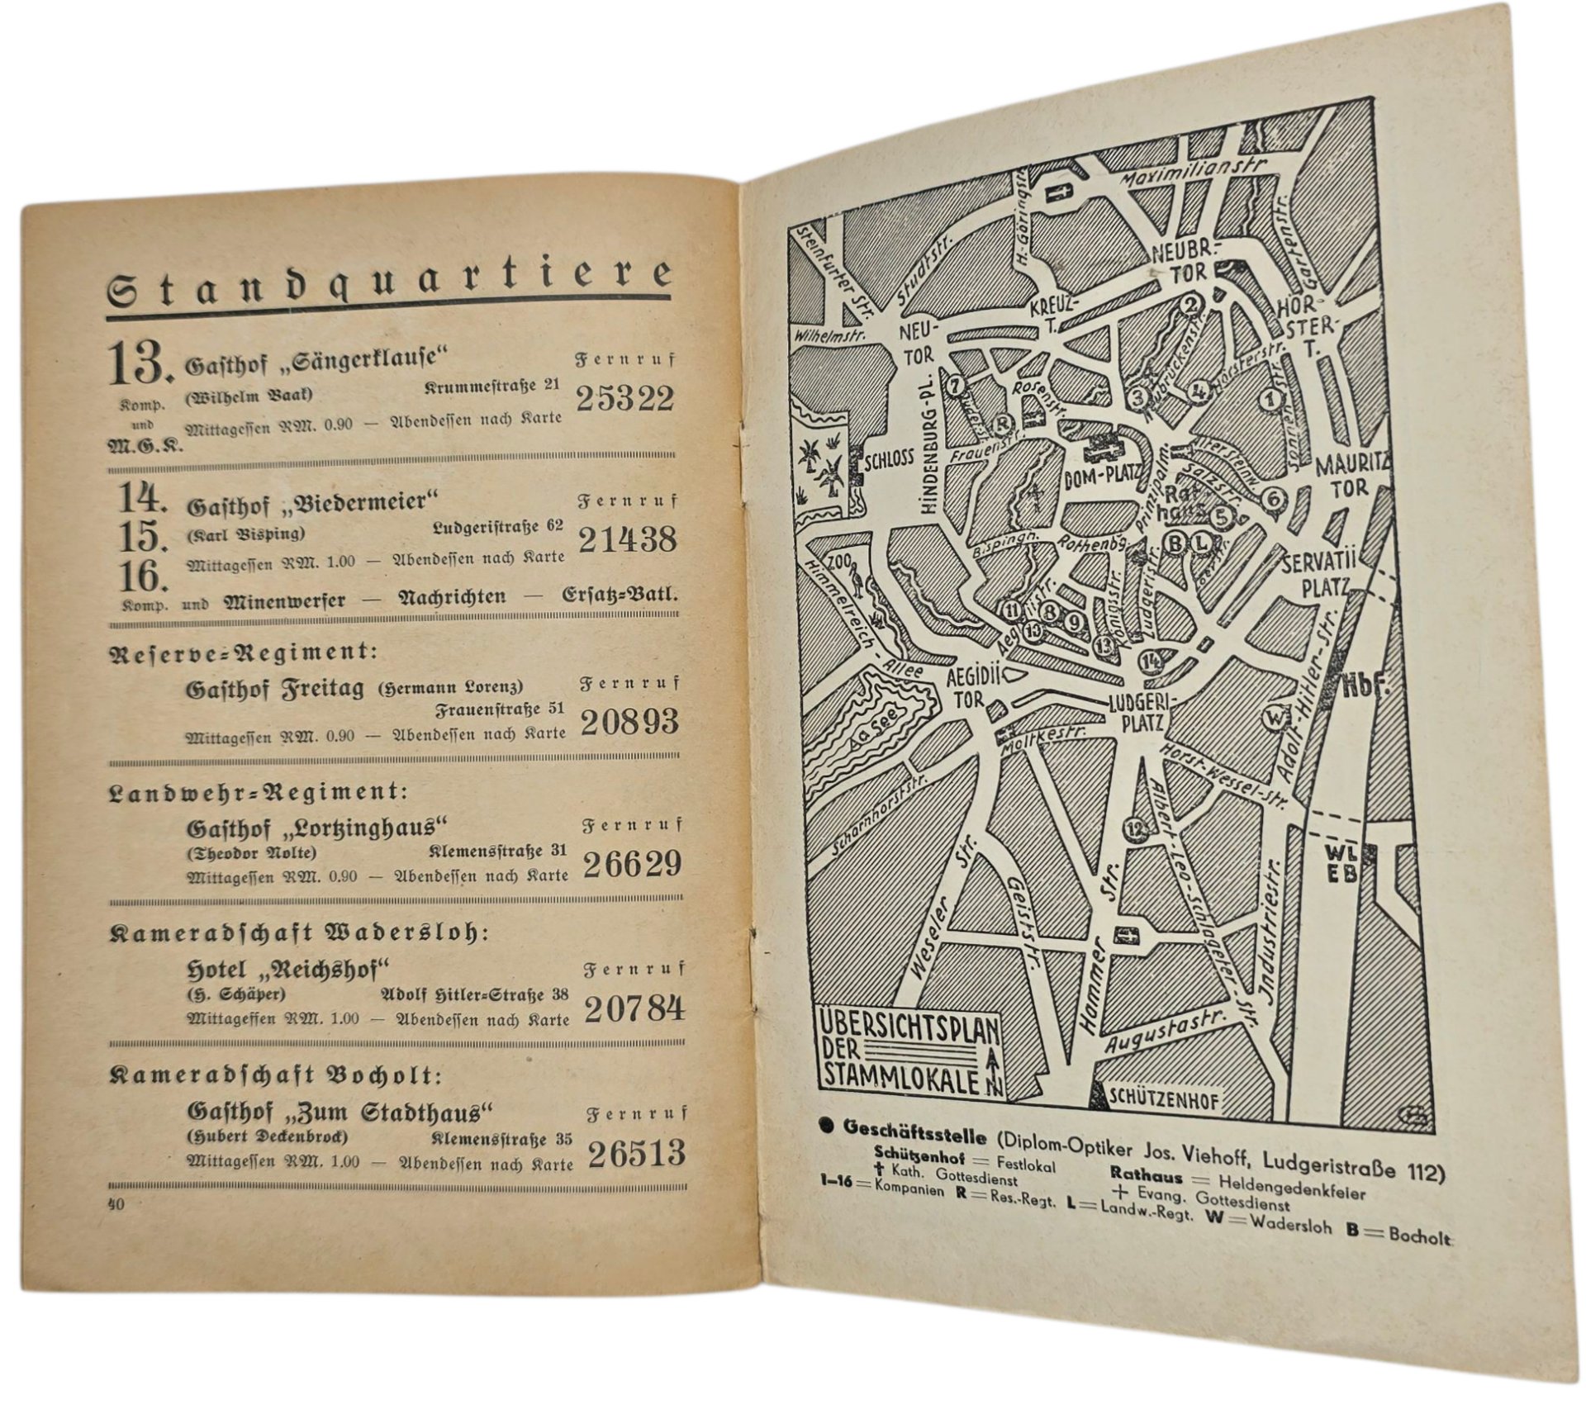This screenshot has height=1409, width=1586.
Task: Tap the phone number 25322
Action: click(x=624, y=399)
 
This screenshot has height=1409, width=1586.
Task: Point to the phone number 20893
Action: click(x=629, y=722)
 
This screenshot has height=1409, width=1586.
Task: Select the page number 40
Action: click(x=116, y=1205)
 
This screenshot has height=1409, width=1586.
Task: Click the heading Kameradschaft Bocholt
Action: click(x=276, y=1075)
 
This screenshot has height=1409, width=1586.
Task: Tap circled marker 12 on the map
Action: click(x=1137, y=828)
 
